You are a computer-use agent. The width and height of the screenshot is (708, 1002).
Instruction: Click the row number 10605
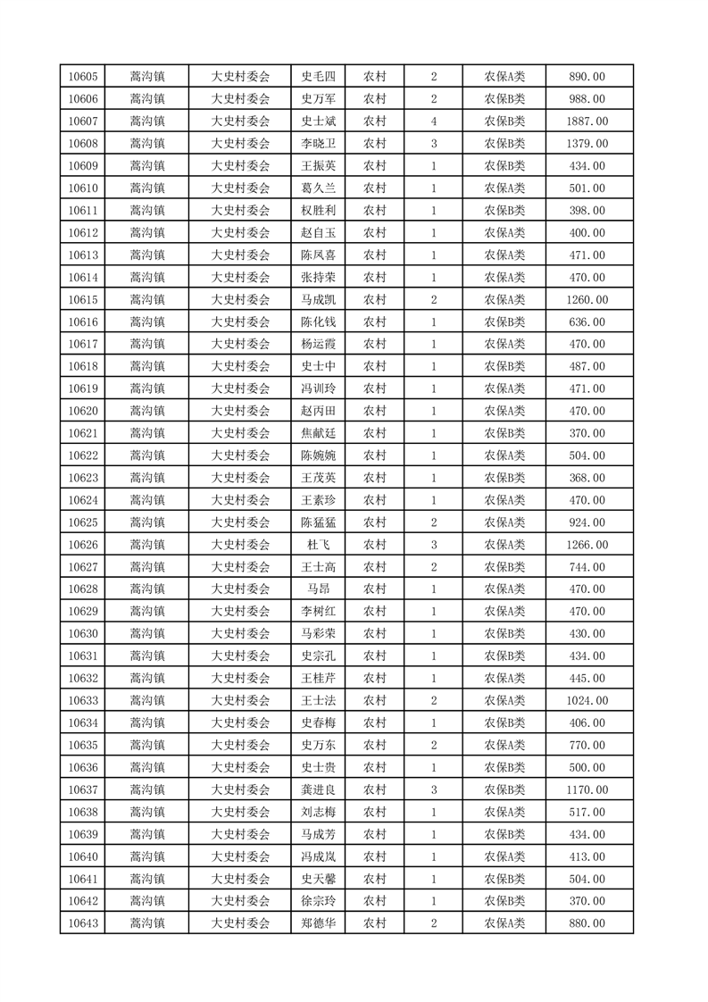pos(82,77)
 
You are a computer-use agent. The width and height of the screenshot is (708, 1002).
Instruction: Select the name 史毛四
pos(319,77)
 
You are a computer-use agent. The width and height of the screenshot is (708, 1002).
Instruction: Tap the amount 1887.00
pos(587,121)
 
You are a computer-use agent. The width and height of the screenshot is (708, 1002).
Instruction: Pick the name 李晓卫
pos(319,144)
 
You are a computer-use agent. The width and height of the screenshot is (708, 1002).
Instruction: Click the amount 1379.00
pos(587,144)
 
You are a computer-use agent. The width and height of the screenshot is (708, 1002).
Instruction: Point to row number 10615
pos(82,300)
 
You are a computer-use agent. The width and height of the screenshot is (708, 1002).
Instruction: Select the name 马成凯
pos(319,300)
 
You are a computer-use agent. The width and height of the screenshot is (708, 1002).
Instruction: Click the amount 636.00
pos(587,322)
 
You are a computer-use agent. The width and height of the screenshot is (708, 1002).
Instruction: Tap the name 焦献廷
pos(319,433)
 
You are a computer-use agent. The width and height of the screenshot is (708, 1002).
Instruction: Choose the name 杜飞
pos(319,545)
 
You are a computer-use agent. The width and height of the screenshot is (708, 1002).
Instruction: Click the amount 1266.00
pos(587,545)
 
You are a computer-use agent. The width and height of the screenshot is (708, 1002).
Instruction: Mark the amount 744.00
pos(587,567)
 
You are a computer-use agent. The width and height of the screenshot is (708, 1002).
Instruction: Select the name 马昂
pos(319,589)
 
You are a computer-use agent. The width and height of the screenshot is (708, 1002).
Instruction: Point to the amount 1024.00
pos(587,701)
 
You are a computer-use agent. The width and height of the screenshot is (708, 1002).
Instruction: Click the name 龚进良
pos(319,789)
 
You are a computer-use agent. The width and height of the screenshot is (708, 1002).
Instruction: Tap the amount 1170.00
pos(587,789)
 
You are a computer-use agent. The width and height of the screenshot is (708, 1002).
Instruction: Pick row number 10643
pos(82,923)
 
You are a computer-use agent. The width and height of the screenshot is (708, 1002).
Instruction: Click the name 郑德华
pos(319,923)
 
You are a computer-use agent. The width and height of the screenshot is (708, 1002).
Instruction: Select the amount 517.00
pos(587,812)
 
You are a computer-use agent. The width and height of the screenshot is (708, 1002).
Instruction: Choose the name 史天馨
pos(319,879)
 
